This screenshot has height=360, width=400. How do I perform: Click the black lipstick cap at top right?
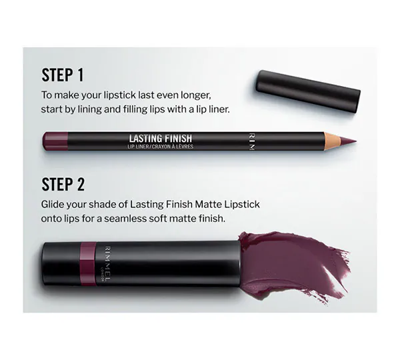point(307,85)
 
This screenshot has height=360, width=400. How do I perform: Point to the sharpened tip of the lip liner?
point(351,141)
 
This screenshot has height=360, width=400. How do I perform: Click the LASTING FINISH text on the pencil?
point(161,138)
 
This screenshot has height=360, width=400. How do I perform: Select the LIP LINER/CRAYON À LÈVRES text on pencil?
point(161,146)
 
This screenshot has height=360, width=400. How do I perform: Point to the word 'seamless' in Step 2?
point(139,217)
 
